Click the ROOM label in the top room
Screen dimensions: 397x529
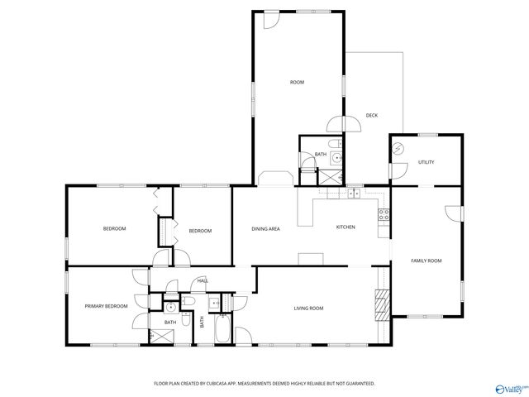(297, 82)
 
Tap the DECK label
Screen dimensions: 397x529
(372, 115)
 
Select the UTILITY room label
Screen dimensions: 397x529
(426, 162)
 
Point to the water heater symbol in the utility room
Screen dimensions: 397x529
(398, 149)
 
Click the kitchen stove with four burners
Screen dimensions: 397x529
(384, 216)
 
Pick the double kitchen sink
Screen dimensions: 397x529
(353, 194)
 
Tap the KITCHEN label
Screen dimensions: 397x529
(346, 228)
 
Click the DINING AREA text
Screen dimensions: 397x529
(265, 228)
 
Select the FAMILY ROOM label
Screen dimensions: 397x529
(427, 261)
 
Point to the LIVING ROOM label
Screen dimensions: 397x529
(308, 309)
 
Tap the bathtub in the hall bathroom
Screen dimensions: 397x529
(222, 332)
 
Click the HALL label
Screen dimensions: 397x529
(202, 282)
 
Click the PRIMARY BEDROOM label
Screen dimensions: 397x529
(107, 306)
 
